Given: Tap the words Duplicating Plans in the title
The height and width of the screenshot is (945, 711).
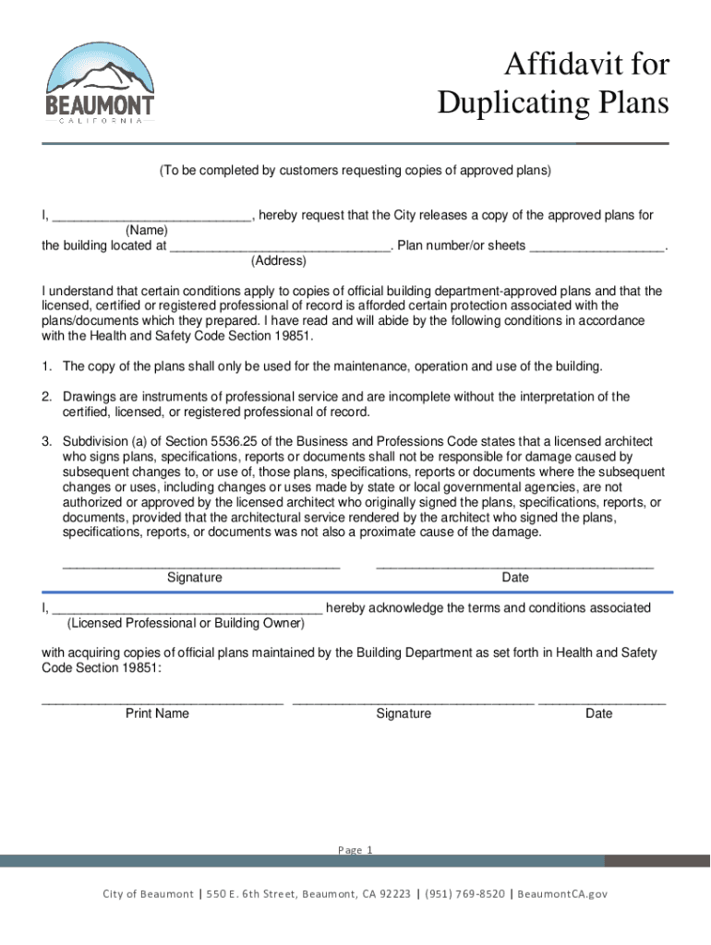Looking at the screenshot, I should click(552, 103).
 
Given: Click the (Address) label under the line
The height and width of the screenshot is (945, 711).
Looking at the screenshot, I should click(278, 261).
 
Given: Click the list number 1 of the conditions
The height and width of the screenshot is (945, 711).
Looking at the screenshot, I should click(46, 366).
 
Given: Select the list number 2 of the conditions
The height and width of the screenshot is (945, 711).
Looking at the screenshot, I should click(46, 397).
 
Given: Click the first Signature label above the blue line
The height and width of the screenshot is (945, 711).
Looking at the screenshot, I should click(194, 578).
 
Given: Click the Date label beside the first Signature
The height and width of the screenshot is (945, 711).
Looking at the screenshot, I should click(515, 578).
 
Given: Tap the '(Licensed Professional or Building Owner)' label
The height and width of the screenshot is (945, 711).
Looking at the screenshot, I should click(186, 623).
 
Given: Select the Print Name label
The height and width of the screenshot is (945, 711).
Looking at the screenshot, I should click(158, 713).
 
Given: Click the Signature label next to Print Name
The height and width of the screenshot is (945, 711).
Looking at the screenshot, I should click(404, 713).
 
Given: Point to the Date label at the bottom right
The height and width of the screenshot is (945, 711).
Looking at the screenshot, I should click(598, 713).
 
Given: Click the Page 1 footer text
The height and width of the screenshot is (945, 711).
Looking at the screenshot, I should click(355, 850).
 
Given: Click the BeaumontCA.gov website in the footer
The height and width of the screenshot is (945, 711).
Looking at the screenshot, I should click(562, 894).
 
